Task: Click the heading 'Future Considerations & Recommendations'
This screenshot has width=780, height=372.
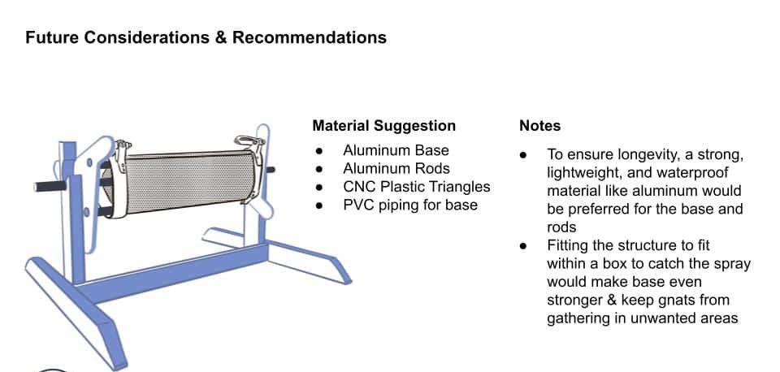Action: point(206,37)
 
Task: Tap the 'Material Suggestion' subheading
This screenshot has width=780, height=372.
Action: point(384,126)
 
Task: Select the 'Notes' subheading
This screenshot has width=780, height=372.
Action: point(539,126)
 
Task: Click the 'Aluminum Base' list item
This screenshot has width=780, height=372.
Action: point(396,150)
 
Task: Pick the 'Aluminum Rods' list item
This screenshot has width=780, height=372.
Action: point(396,169)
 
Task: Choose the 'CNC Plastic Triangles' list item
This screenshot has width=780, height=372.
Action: point(417,187)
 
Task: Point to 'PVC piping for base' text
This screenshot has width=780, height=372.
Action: point(410,205)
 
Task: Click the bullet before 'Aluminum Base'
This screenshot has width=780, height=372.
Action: point(318,151)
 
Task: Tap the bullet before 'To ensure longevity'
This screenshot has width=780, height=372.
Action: point(522,155)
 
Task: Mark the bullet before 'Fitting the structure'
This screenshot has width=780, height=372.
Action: point(522,245)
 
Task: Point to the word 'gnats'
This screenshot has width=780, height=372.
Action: point(676,301)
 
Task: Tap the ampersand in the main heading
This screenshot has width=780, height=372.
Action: point(221,37)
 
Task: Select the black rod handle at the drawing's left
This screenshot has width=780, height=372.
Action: point(50,186)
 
